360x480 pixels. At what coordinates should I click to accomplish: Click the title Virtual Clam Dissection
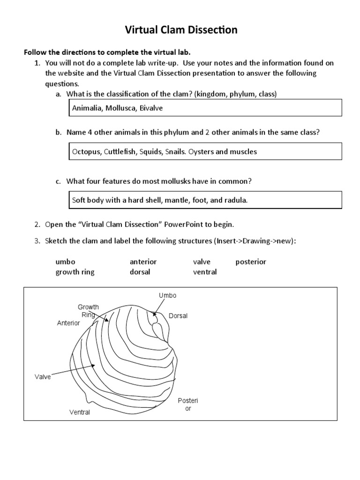180,30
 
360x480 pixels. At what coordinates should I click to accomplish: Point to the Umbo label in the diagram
167,295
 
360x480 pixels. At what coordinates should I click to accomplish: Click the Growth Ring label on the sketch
88,311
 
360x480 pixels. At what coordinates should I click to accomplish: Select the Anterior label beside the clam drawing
68,323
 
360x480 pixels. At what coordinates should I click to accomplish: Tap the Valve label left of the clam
43,376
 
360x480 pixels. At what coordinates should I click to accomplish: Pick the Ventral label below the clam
79,412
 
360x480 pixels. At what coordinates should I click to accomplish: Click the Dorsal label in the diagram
178,316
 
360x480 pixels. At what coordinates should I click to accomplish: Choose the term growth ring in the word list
75,272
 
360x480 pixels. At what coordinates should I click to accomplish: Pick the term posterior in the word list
251,262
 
